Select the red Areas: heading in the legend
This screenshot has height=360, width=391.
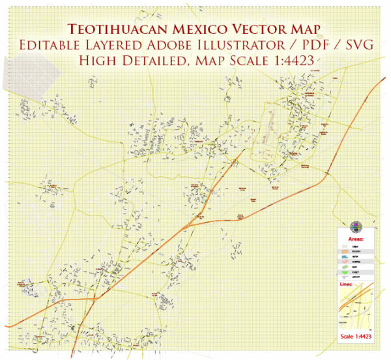tap(355, 239)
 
